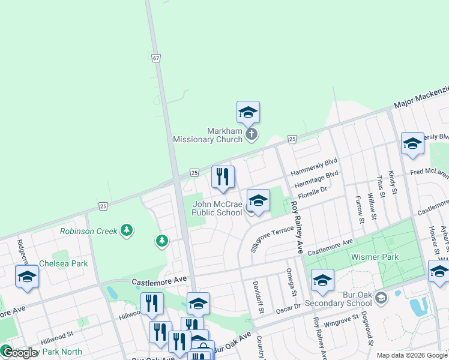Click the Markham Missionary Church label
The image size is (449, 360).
(206, 135)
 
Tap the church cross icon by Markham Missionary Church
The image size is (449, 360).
(252, 134)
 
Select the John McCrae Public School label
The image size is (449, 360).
(217, 208)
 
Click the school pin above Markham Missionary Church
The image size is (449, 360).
(248, 112)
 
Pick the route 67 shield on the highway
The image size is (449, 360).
(156, 58)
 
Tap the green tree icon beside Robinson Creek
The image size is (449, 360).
(126, 230)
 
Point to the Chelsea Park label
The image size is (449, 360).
(63, 263)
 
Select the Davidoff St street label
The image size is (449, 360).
(258, 297)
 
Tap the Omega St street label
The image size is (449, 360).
(294, 282)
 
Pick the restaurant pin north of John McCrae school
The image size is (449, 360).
(223, 176)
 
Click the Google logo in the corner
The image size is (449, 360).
(19, 352)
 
